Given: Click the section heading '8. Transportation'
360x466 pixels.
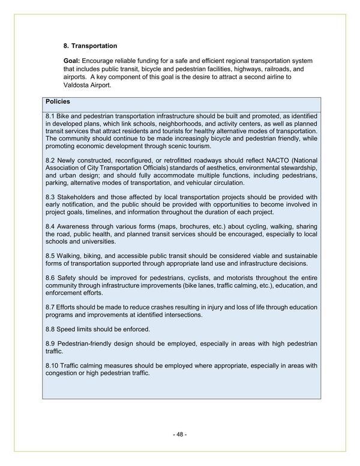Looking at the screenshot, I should (x=90, y=46).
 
